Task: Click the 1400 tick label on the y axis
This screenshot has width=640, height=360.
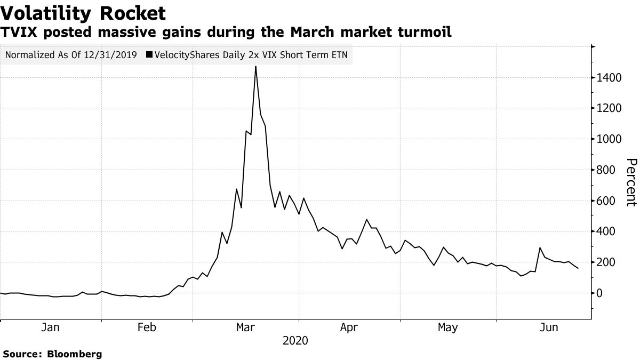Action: (x=610, y=78)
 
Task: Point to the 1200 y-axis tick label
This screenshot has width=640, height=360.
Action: (x=610, y=108)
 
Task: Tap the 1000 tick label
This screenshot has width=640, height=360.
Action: (x=610, y=139)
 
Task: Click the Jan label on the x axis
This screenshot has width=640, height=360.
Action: (x=50, y=327)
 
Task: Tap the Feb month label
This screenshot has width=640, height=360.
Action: (x=147, y=327)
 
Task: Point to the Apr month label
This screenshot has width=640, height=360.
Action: (x=349, y=327)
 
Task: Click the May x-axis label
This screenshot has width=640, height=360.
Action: (x=447, y=327)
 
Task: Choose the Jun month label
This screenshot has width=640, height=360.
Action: (x=548, y=327)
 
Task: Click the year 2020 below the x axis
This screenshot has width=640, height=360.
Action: (x=296, y=340)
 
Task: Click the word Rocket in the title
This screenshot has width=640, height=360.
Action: (x=128, y=12)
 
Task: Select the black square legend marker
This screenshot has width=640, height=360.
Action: (x=149, y=54)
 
